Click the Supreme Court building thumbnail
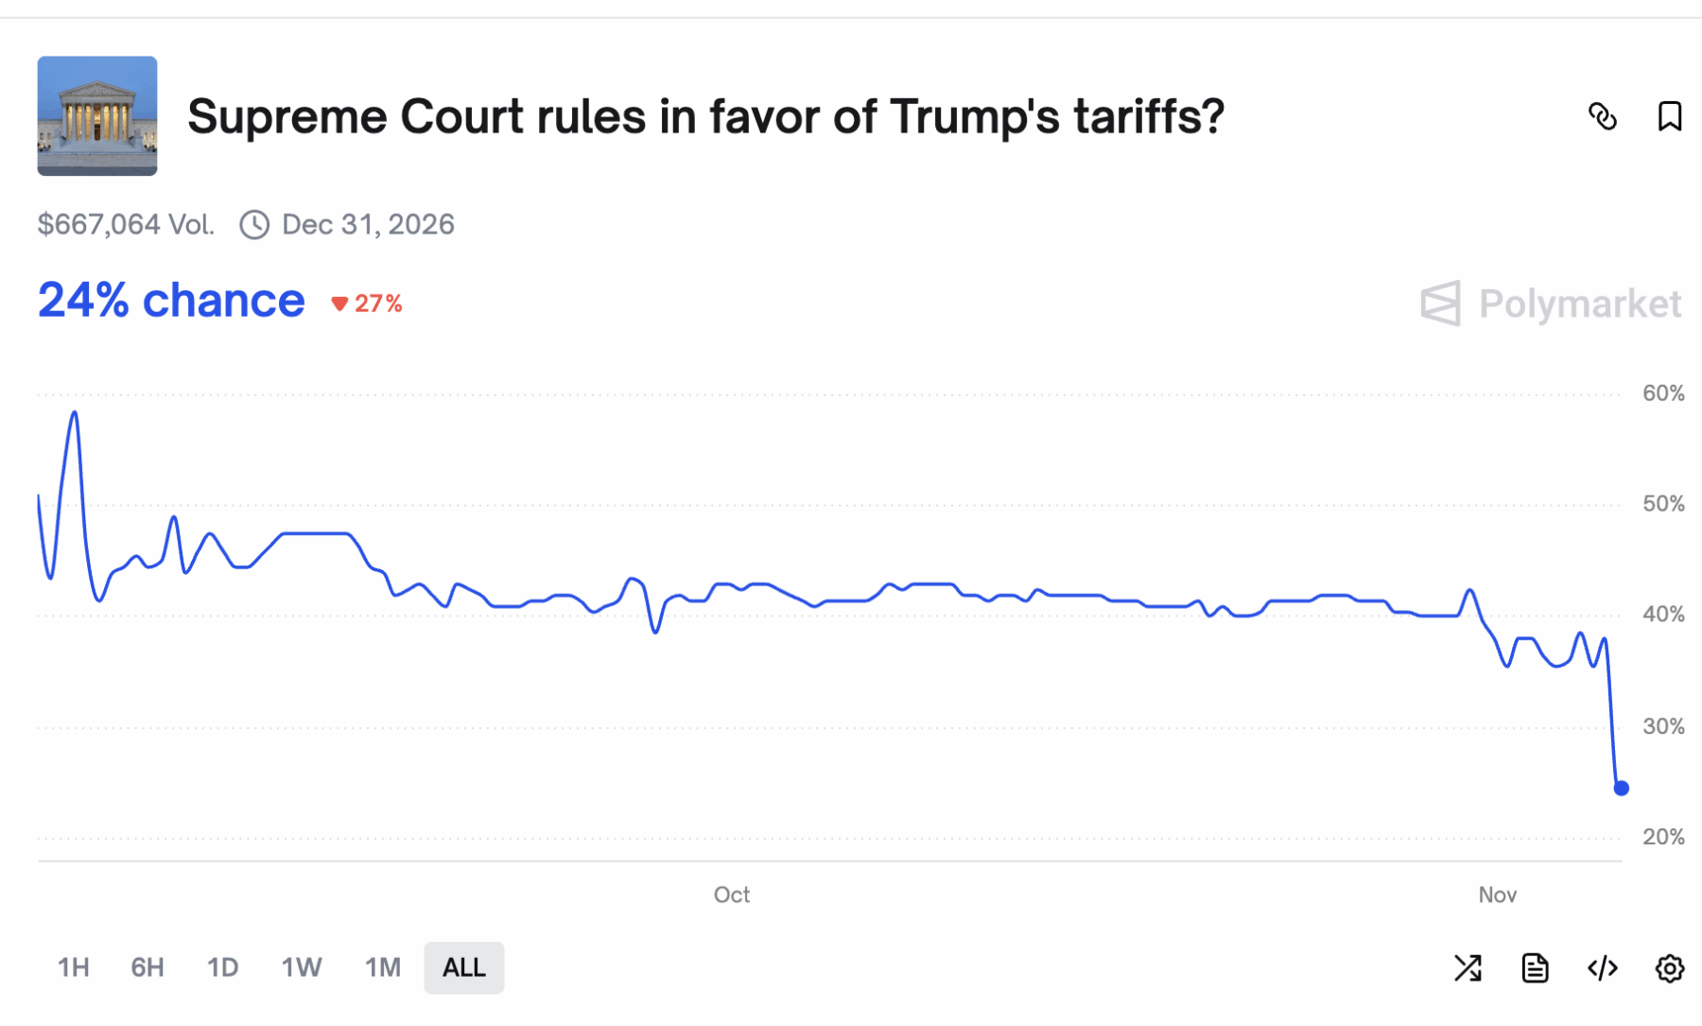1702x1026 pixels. [97, 115]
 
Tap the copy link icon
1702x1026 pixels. [1603, 116]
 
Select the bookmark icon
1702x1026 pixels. [1670, 116]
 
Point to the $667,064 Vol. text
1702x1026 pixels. [126, 224]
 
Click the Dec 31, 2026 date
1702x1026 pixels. [368, 224]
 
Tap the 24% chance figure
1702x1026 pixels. [171, 301]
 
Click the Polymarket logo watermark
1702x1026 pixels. [1551, 304]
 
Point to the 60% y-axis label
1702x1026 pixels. [1663, 393]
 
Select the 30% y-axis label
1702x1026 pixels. [1663, 726]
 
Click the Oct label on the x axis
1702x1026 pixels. [732, 895]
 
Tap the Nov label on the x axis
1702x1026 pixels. [1498, 895]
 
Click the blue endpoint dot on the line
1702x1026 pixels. [1622, 788]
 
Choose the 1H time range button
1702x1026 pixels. [74, 967]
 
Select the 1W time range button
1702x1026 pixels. [302, 967]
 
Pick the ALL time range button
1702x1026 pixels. [464, 967]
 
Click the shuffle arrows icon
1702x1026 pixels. [1468, 968]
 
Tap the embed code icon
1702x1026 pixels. [1603, 968]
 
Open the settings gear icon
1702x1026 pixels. [1670, 968]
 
